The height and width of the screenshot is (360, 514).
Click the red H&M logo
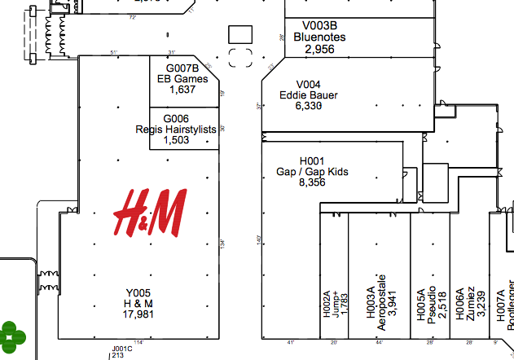click(150, 212)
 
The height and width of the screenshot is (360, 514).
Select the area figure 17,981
click(138, 314)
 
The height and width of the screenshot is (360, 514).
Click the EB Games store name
click(182, 79)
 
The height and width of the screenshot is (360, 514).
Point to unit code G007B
click(182, 68)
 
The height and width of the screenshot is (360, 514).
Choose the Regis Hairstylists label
click(176, 129)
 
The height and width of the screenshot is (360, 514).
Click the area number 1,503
click(176, 140)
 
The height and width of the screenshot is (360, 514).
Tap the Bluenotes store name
click(319, 37)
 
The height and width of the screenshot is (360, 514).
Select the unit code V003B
click(319, 26)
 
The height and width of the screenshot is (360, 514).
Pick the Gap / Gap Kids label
click(312, 172)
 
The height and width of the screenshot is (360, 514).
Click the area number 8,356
click(312, 183)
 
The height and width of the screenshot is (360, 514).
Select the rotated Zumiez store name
click(470, 305)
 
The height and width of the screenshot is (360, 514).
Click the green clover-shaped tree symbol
click(13, 334)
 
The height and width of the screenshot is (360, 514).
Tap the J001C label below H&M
click(121, 349)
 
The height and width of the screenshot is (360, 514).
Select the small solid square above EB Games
click(240, 34)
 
